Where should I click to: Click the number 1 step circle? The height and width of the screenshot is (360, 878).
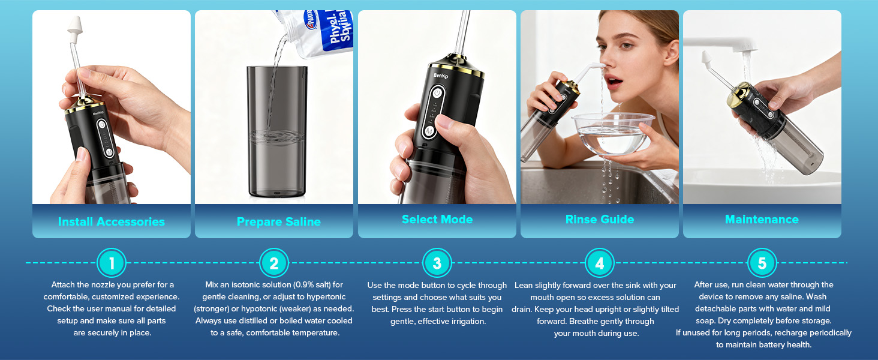(x=112, y=263)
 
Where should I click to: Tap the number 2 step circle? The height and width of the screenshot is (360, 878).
(x=274, y=263)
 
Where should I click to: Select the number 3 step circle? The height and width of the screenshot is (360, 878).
(x=437, y=263)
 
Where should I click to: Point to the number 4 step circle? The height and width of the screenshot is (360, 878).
(x=600, y=263)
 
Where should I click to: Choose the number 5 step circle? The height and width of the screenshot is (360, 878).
(x=762, y=263)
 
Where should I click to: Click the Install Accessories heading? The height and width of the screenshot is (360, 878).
(x=112, y=221)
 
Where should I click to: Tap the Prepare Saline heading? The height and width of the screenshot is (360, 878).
(x=278, y=221)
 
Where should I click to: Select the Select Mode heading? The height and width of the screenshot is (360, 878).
(x=437, y=220)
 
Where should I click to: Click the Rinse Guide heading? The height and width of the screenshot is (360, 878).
(x=600, y=220)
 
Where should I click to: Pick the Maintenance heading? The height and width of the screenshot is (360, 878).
(x=762, y=220)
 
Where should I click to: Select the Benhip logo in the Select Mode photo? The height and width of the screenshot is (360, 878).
(x=441, y=75)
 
